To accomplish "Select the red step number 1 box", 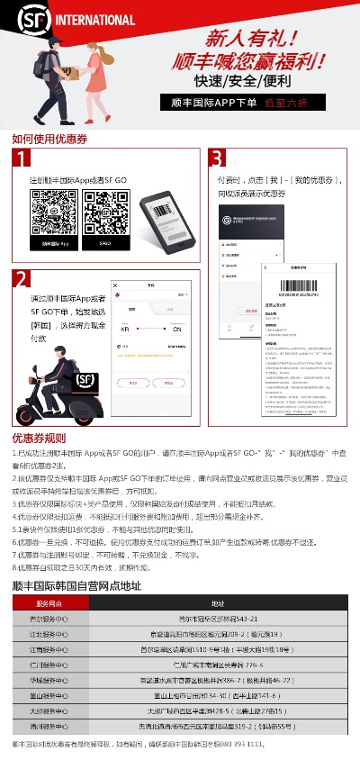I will (x=23, y=159).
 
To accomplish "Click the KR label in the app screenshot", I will (x=124, y=330).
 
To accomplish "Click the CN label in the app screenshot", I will (x=177, y=330).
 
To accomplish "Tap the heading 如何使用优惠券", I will (x=49, y=139).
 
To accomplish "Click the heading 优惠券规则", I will (x=38, y=438).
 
